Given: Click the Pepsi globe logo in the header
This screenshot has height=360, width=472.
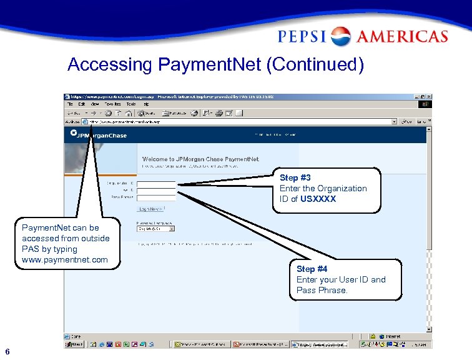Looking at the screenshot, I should point(340,36).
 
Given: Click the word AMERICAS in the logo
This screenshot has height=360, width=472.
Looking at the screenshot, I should point(403,36).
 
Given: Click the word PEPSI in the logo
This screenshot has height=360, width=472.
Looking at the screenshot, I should point(302,36).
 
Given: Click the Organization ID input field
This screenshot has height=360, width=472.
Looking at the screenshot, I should point(156,183).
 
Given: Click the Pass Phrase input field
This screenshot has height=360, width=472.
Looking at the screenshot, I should point(156,197).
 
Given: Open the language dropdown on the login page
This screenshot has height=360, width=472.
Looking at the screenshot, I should point(155,229).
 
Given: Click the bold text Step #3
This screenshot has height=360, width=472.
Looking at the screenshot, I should point(295,178).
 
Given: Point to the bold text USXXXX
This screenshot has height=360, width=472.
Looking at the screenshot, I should point(318,199).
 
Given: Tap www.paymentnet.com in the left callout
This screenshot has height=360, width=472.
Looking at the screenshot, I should point(65,259).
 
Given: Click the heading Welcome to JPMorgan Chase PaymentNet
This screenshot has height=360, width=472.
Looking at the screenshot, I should point(200,160).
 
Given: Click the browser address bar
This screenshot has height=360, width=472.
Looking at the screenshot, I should point(237,121).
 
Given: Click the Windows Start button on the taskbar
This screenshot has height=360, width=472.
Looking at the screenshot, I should point(74,344).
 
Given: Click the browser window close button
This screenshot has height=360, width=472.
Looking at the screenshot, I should point(428,97).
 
